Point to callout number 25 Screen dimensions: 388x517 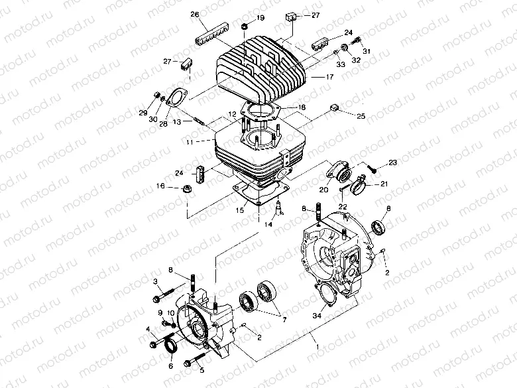[361, 115]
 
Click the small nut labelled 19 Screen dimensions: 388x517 [245, 26]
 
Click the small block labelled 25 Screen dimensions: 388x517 [335, 109]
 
